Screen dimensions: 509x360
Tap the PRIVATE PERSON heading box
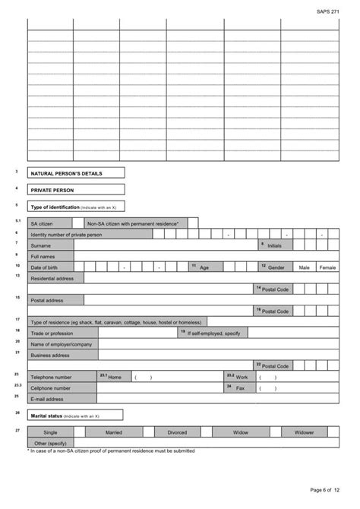coord(53,190)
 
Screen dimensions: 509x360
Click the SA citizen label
coord(41,224)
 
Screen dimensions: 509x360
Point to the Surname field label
coord(41,245)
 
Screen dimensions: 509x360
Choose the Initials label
coord(274,245)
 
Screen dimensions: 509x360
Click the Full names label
coord(43,257)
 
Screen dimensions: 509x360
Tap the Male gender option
coord(304,267)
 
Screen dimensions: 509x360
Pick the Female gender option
coord(327,267)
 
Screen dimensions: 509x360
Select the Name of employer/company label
coord(61,344)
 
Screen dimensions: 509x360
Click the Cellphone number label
coord(52,387)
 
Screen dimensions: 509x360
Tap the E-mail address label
coord(47,398)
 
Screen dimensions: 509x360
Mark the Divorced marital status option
coord(177,432)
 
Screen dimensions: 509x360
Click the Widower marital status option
coord(304,432)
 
